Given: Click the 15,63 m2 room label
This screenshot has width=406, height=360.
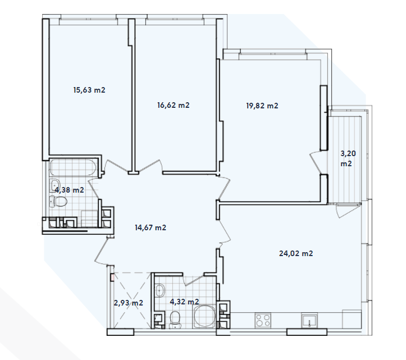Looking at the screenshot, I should tap(90, 89).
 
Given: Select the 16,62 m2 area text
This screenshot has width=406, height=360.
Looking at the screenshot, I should tap(174, 104).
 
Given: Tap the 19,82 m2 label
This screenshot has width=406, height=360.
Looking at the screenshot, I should tap(262, 106).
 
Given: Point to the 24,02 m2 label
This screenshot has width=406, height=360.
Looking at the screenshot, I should tap(295, 253).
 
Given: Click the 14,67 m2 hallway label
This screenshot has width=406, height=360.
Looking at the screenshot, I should tap(150, 227).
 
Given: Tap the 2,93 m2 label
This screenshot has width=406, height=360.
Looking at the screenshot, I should tap(128, 303).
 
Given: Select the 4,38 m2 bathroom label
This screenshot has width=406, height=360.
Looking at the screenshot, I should tap(69, 190).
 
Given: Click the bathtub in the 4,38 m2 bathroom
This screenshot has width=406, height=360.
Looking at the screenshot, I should tap(73, 167).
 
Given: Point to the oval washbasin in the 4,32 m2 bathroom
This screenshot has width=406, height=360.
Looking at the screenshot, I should tap(159, 290).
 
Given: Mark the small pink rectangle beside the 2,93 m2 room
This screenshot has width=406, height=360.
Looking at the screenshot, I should tap(112, 276).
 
